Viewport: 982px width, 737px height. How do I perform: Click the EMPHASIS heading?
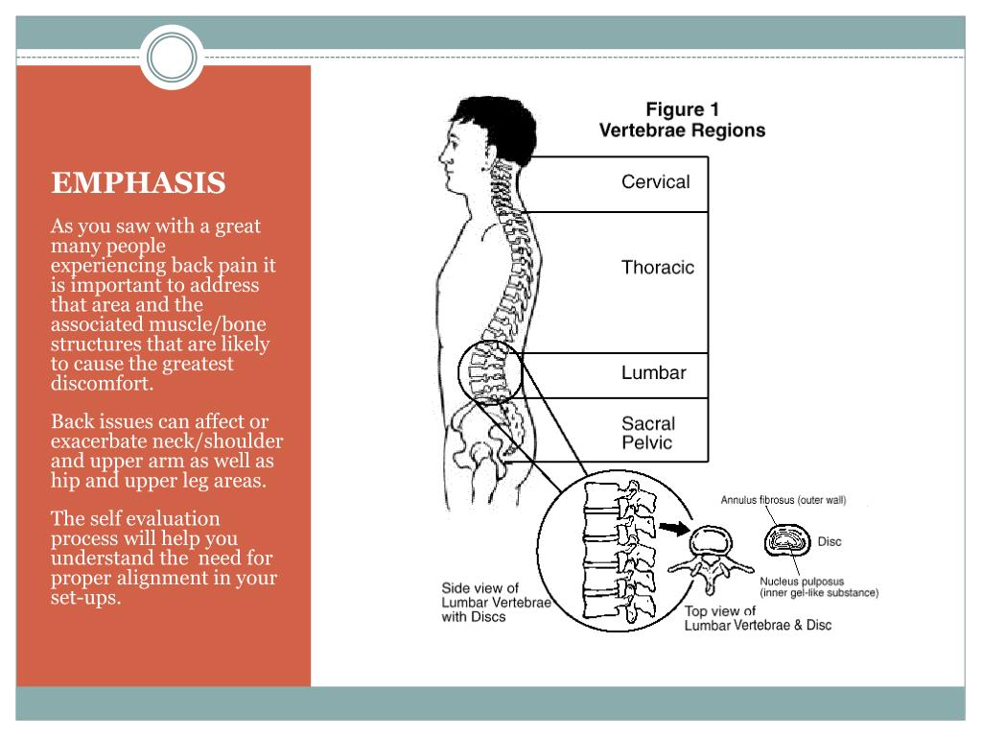[138, 183]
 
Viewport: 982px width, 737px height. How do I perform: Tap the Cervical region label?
[655, 181]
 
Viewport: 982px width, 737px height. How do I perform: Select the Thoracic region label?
[657, 268]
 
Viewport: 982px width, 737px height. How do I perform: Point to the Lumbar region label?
[654, 372]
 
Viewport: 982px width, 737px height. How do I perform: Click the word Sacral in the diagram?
[648, 423]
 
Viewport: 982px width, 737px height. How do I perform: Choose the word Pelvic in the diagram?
[646, 443]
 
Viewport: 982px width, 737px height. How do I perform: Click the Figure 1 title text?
[682, 110]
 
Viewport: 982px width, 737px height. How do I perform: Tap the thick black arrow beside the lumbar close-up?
[675, 527]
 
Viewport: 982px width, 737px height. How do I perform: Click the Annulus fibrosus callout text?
[783, 500]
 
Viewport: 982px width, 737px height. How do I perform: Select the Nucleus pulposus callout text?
[802, 581]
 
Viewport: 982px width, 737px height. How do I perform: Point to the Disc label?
[829, 542]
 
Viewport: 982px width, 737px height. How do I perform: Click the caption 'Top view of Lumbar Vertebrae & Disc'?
[758, 618]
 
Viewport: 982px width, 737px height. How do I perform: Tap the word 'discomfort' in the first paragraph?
[102, 384]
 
